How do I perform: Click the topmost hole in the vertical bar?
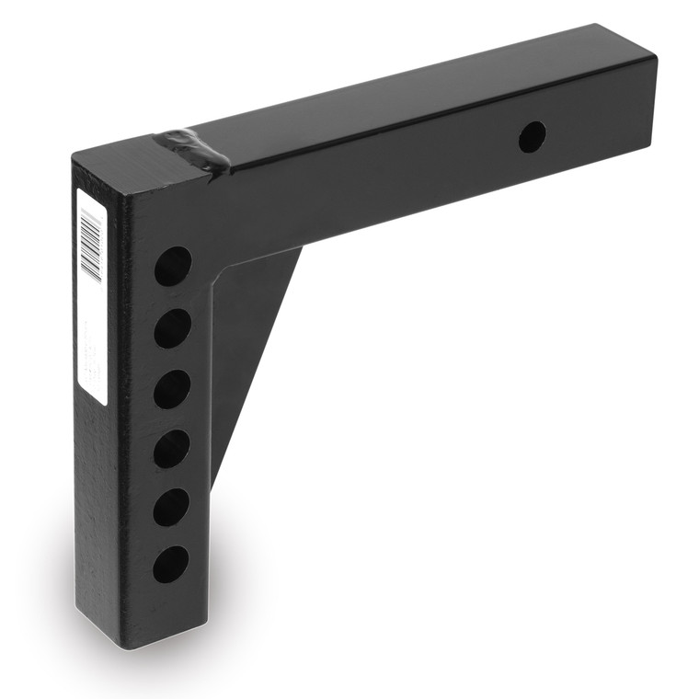coord(173,266)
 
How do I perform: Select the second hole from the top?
coord(172,327)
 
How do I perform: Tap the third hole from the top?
coord(172,389)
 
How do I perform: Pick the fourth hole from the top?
coord(172,449)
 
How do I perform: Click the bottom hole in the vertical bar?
coord(171,564)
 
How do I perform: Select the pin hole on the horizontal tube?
coord(532,137)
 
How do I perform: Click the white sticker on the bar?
coord(92,294)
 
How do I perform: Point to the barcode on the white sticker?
coord(91,243)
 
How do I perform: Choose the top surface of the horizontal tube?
coord(414,92)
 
